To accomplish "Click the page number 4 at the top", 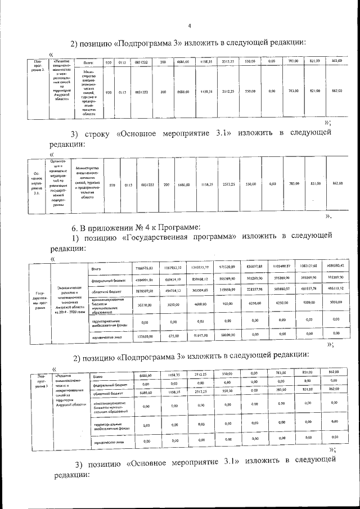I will click(x=190, y=25).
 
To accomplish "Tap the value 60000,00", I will click(x=227, y=336).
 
